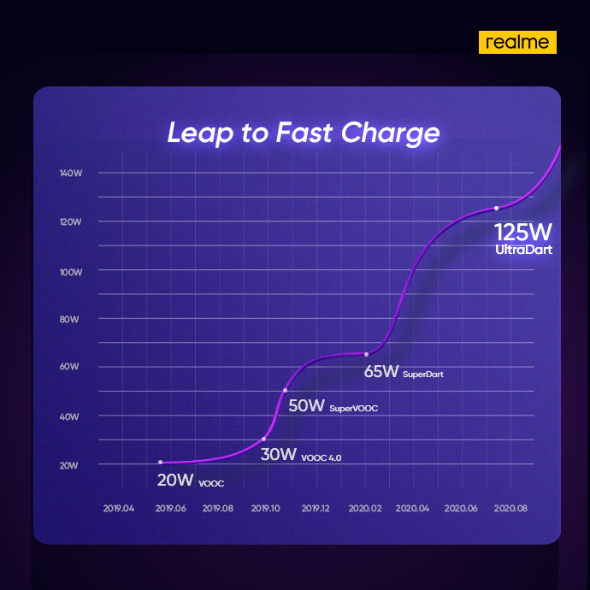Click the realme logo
(x=518, y=43)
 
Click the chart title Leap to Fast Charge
(x=303, y=133)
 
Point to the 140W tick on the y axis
(x=70, y=174)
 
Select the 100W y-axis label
(x=70, y=272)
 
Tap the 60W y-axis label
(x=70, y=367)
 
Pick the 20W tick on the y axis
(x=70, y=466)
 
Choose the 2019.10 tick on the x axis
(x=266, y=508)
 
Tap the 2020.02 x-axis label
(x=365, y=508)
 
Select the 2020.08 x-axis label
(x=510, y=508)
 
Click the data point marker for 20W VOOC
(x=160, y=463)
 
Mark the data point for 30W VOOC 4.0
(x=263, y=439)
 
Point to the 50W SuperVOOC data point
(x=286, y=391)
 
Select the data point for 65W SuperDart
(x=367, y=354)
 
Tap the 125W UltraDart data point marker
(x=496, y=209)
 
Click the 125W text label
(x=523, y=232)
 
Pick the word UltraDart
(x=523, y=251)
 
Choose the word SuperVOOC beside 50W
(x=353, y=410)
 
